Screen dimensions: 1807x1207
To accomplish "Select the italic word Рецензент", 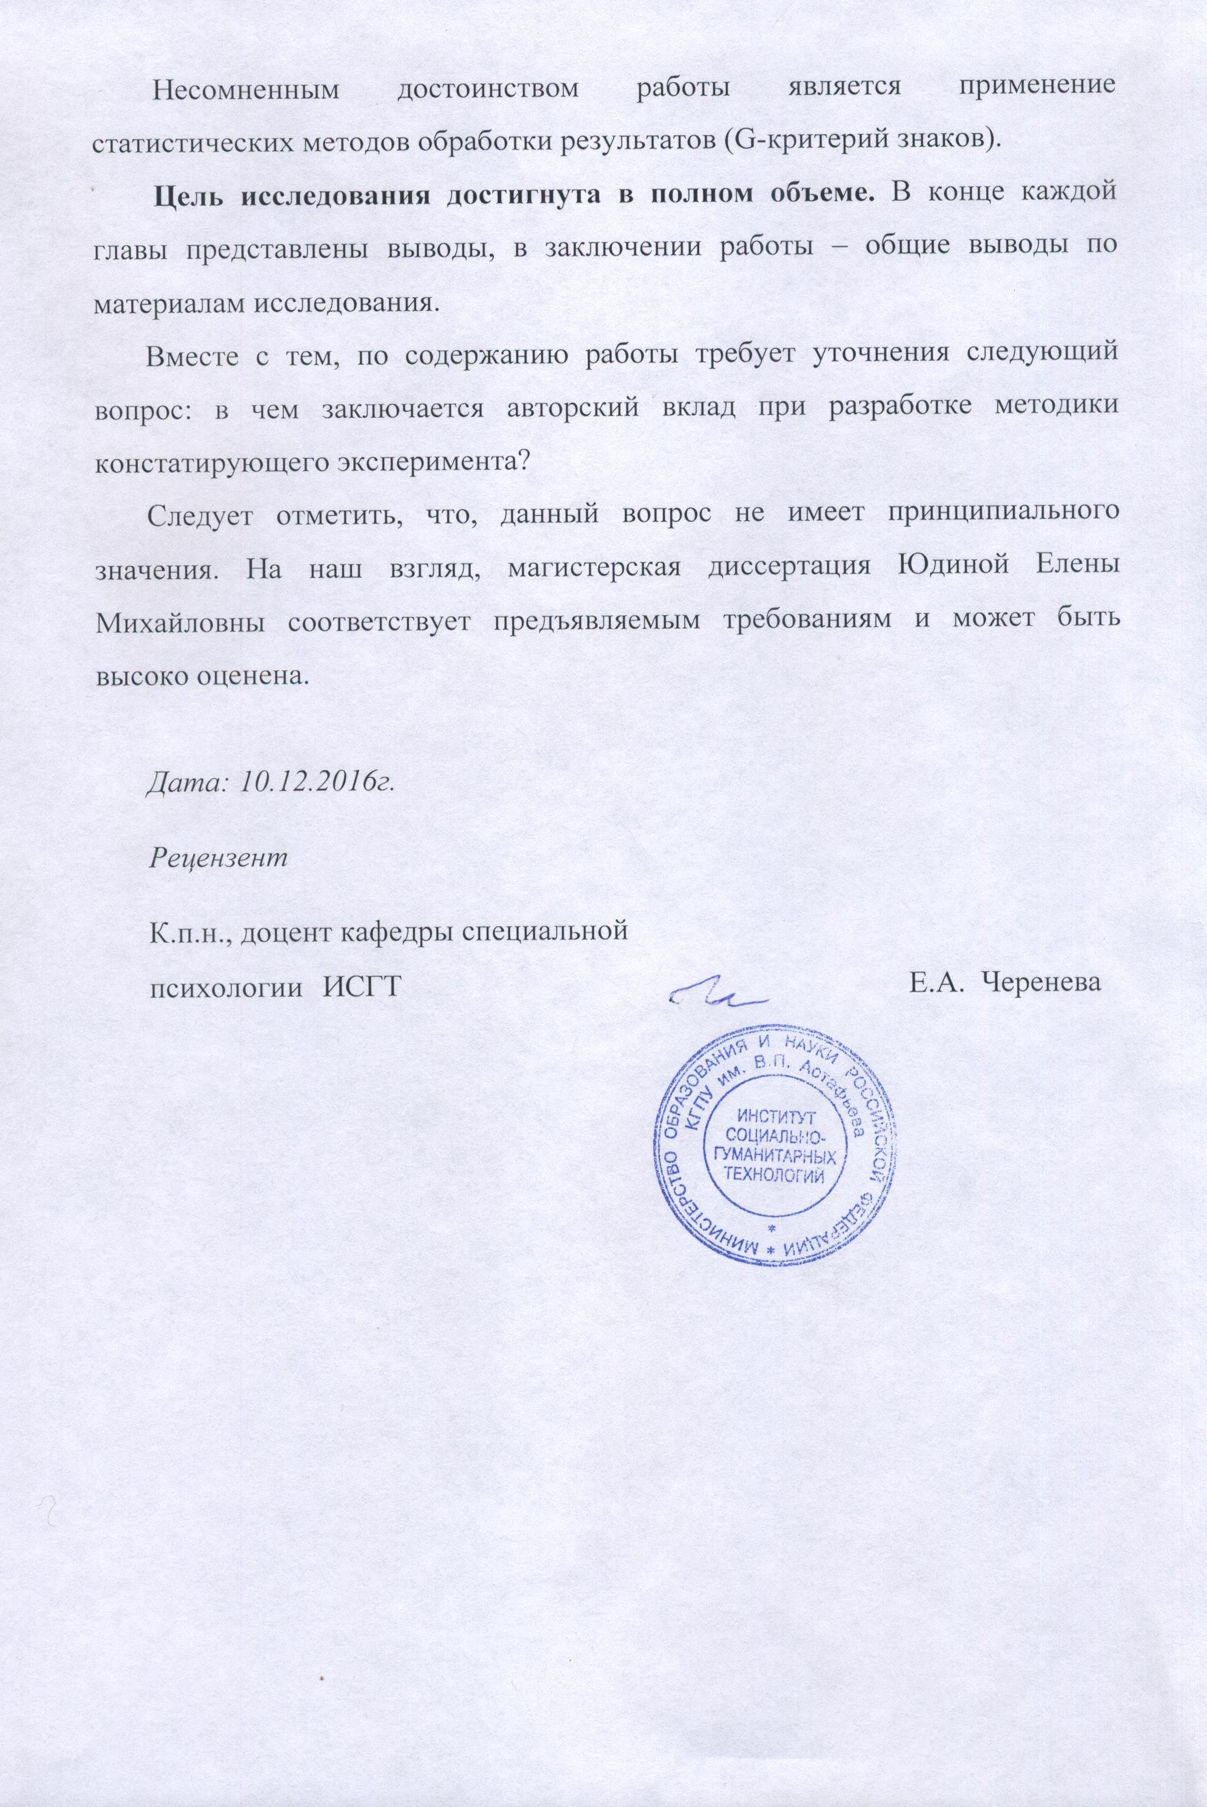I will tap(218, 857).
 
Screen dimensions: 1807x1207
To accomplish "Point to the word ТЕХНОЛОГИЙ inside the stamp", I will tap(776, 1175).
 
